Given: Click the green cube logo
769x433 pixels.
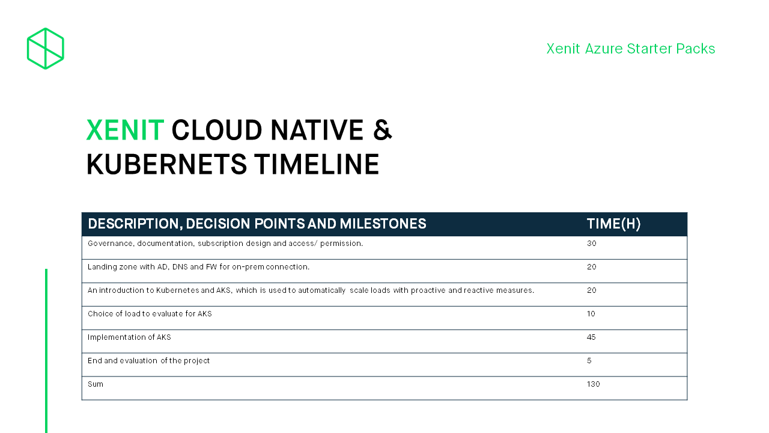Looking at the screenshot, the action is pyautogui.click(x=45, y=49).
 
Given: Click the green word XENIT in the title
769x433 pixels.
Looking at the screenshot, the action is pyautogui.click(x=126, y=130).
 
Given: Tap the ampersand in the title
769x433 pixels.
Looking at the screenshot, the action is pyautogui.click(x=383, y=130).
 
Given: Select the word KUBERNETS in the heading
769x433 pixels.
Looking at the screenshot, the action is pyautogui.click(x=166, y=164).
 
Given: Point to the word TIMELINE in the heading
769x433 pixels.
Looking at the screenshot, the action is pyautogui.click(x=317, y=164).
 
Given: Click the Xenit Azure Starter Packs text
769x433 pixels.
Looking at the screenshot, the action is pyautogui.click(x=631, y=49).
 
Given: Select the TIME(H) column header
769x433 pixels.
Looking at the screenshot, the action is pyautogui.click(x=613, y=224).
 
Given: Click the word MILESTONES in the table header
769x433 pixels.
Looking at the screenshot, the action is pyautogui.click(x=383, y=224).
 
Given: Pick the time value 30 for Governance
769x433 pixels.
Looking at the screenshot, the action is pyautogui.click(x=592, y=244).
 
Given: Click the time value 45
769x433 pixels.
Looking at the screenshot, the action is pyautogui.click(x=591, y=337).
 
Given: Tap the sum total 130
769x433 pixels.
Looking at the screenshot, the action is pyautogui.click(x=593, y=384).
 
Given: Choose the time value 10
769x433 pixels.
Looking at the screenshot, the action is pyautogui.click(x=591, y=314).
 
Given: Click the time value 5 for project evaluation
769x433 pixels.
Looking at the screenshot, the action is pyautogui.click(x=589, y=360).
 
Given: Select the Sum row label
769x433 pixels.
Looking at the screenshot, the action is pyautogui.click(x=96, y=384).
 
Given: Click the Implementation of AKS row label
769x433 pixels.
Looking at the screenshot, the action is pyautogui.click(x=129, y=337).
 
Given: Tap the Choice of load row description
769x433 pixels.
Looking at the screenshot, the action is pyautogui.click(x=150, y=314).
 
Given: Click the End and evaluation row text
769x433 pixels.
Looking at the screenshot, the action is pyautogui.click(x=148, y=360).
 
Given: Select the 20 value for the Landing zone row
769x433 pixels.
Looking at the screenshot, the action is pyautogui.click(x=592, y=266).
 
